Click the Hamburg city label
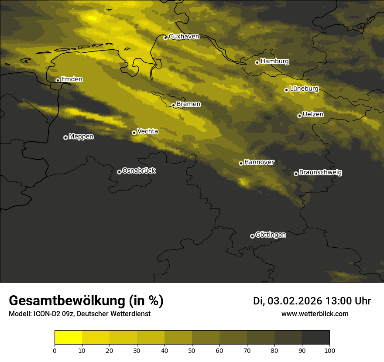click(x=274, y=61)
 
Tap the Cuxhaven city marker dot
click(x=165, y=38)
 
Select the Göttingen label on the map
click(x=271, y=235)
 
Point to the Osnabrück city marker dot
click(x=119, y=172)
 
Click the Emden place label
click(x=72, y=79)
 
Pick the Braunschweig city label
click(x=320, y=172)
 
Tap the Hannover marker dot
click(x=241, y=163)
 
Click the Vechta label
click(x=147, y=131)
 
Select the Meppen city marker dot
click(x=65, y=137)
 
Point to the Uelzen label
click(x=313, y=114)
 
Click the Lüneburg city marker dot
click(x=286, y=90)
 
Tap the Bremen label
click(x=189, y=104)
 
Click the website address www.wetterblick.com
click(x=315, y=314)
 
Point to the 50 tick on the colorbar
click(x=192, y=350)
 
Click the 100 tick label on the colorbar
click(x=329, y=350)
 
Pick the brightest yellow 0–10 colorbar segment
click(x=69, y=338)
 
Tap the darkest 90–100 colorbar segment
click(x=315, y=338)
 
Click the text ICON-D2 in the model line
click(x=46, y=314)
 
